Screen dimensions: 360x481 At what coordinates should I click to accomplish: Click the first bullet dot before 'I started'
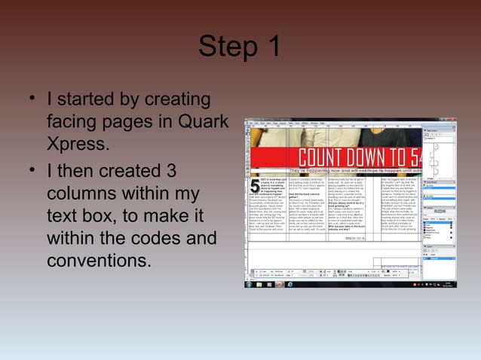point(32,99)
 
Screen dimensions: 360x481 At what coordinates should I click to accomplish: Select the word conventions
point(99,262)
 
